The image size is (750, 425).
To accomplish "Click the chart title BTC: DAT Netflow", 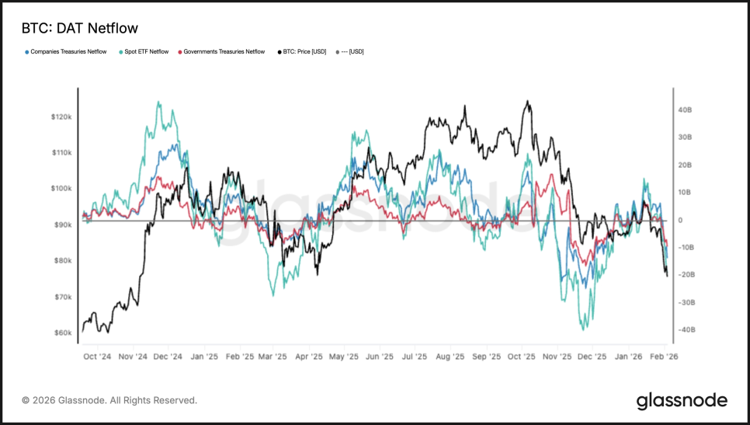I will coord(79,29).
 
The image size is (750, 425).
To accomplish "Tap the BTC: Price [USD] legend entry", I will coord(302,52).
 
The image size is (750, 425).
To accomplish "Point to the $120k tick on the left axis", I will coord(62,117).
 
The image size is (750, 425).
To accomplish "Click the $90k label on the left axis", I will coord(62,225).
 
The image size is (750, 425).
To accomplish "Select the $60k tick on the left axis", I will coord(62,333).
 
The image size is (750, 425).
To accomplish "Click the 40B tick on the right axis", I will coord(684,110).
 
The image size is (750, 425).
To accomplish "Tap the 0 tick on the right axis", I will coord(679,221).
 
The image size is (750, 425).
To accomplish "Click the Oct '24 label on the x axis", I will coord(97,357).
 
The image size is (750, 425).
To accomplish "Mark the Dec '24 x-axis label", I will coord(168,357).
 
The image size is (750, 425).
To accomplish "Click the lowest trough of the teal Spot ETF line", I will coord(584,329).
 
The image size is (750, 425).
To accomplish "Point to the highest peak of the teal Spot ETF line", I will coord(158,102).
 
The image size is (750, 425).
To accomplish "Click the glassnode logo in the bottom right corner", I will coord(682,401).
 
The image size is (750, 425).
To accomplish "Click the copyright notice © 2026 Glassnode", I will coord(109,401).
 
